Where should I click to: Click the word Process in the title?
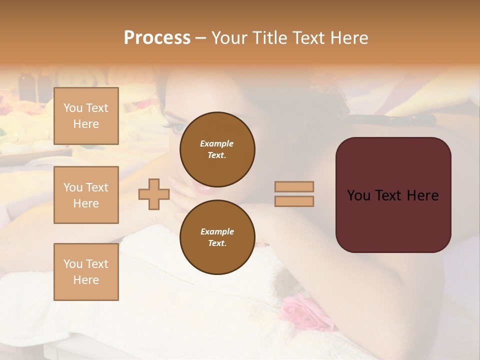[x=157, y=38]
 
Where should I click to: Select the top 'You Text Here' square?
[x=86, y=116]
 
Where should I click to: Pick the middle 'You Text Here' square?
[x=86, y=195]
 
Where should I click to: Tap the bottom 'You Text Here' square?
[x=86, y=272]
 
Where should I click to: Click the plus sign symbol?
[x=154, y=194]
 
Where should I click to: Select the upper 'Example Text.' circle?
[x=217, y=149]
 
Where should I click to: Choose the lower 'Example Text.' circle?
[x=217, y=237]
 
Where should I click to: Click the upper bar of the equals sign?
[x=294, y=186]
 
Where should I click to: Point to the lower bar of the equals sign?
[x=294, y=201]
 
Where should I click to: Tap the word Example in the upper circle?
[x=217, y=143]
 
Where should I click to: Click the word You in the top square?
[x=72, y=108]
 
